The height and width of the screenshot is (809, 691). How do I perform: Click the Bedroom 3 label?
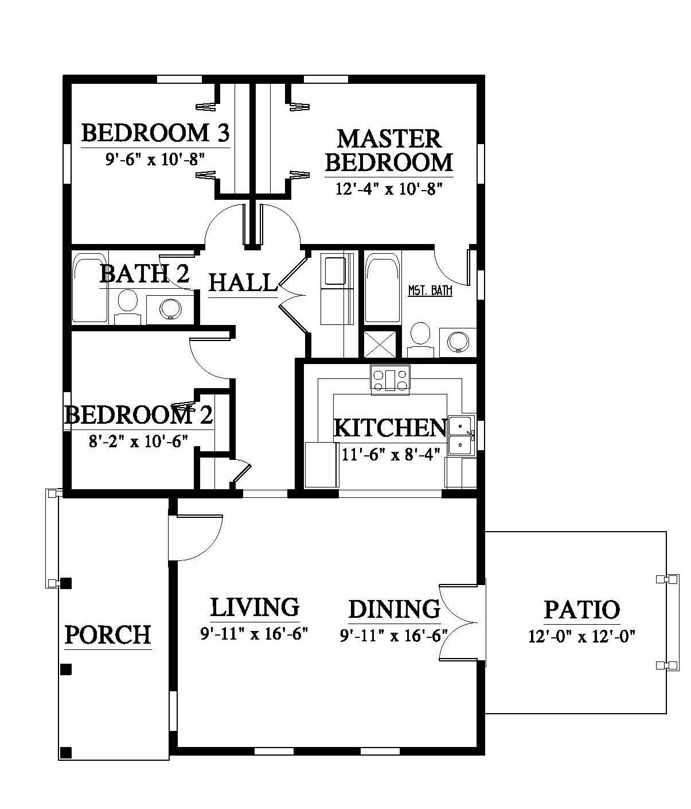[155, 133]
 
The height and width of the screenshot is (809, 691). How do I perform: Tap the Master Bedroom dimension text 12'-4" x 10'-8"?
[389, 189]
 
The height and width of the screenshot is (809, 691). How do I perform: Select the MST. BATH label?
[430, 291]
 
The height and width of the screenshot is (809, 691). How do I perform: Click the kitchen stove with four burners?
[390, 378]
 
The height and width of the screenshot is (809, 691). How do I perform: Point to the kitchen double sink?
[462, 436]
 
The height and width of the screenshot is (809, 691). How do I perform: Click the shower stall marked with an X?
[380, 344]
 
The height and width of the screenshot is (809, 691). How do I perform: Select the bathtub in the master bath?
[383, 288]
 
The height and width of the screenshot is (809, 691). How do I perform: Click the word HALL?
[243, 282]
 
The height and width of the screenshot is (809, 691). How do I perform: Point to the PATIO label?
[582, 609]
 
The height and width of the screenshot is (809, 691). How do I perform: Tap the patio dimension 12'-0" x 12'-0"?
[582, 636]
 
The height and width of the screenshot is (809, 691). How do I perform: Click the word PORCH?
[108, 634]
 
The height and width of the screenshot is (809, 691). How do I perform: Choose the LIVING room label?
[255, 607]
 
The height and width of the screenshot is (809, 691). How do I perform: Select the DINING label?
[395, 609]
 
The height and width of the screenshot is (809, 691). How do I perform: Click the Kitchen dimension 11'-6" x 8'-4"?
[391, 454]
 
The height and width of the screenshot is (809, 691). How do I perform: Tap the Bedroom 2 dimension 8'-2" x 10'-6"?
[138, 442]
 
